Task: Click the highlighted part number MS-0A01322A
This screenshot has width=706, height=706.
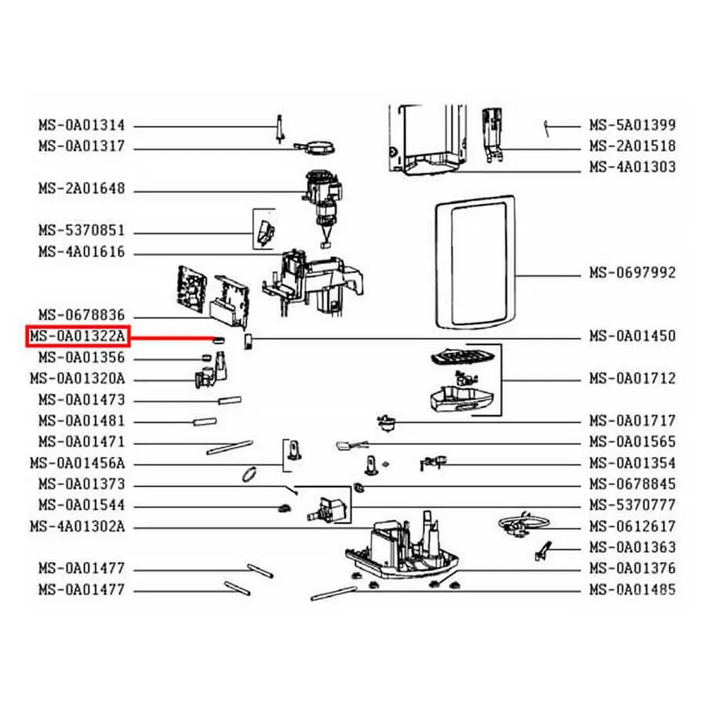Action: (x=78, y=336)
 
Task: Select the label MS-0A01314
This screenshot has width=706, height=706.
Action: (x=81, y=125)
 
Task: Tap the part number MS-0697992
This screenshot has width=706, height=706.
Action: (x=633, y=273)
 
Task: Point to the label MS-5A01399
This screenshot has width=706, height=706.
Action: (x=633, y=125)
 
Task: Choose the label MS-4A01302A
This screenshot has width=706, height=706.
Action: (x=78, y=527)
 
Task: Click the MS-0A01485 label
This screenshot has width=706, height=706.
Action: (x=633, y=590)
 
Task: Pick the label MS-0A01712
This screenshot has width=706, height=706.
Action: (x=633, y=378)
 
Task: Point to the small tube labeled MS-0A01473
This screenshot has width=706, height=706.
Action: (x=229, y=400)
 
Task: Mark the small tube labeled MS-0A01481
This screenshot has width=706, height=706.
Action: (x=205, y=422)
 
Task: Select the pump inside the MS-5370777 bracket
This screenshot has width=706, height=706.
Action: (x=329, y=510)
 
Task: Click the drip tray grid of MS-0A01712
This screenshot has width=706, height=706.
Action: (x=463, y=357)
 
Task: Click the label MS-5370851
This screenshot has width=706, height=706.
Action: (x=81, y=231)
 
